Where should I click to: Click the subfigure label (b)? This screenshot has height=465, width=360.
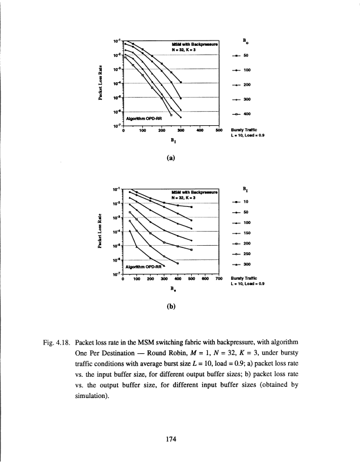pyautogui.click(x=171, y=306)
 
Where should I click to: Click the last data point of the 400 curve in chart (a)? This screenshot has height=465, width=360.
pyautogui.click(x=171, y=116)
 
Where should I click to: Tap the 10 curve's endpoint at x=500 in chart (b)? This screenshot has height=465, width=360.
pyautogui.click(x=192, y=207)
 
